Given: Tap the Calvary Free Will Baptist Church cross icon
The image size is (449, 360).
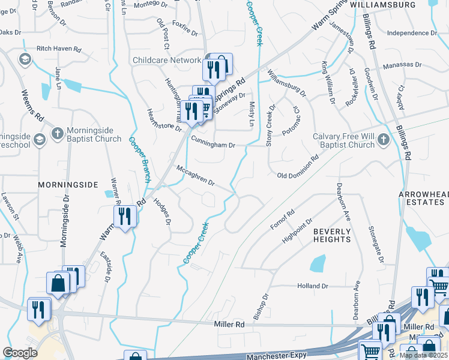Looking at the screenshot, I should tap(383, 140).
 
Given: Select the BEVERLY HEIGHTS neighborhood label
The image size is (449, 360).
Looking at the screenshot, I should tap(332, 235).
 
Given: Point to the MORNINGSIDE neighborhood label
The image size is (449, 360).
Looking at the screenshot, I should tap(68, 185).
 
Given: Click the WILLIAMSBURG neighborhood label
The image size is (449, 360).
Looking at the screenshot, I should tap(382, 4).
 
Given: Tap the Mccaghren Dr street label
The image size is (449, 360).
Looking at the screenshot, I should tap(195, 176).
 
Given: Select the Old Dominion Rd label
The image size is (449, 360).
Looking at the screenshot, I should tap(298, 168).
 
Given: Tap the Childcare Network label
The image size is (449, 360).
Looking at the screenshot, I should tap(166, 61).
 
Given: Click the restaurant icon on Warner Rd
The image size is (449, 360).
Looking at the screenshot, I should tap(124, 216).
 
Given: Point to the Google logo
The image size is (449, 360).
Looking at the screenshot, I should tap(20, 353).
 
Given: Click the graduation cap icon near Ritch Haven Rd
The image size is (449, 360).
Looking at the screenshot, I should tap(25, 58).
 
